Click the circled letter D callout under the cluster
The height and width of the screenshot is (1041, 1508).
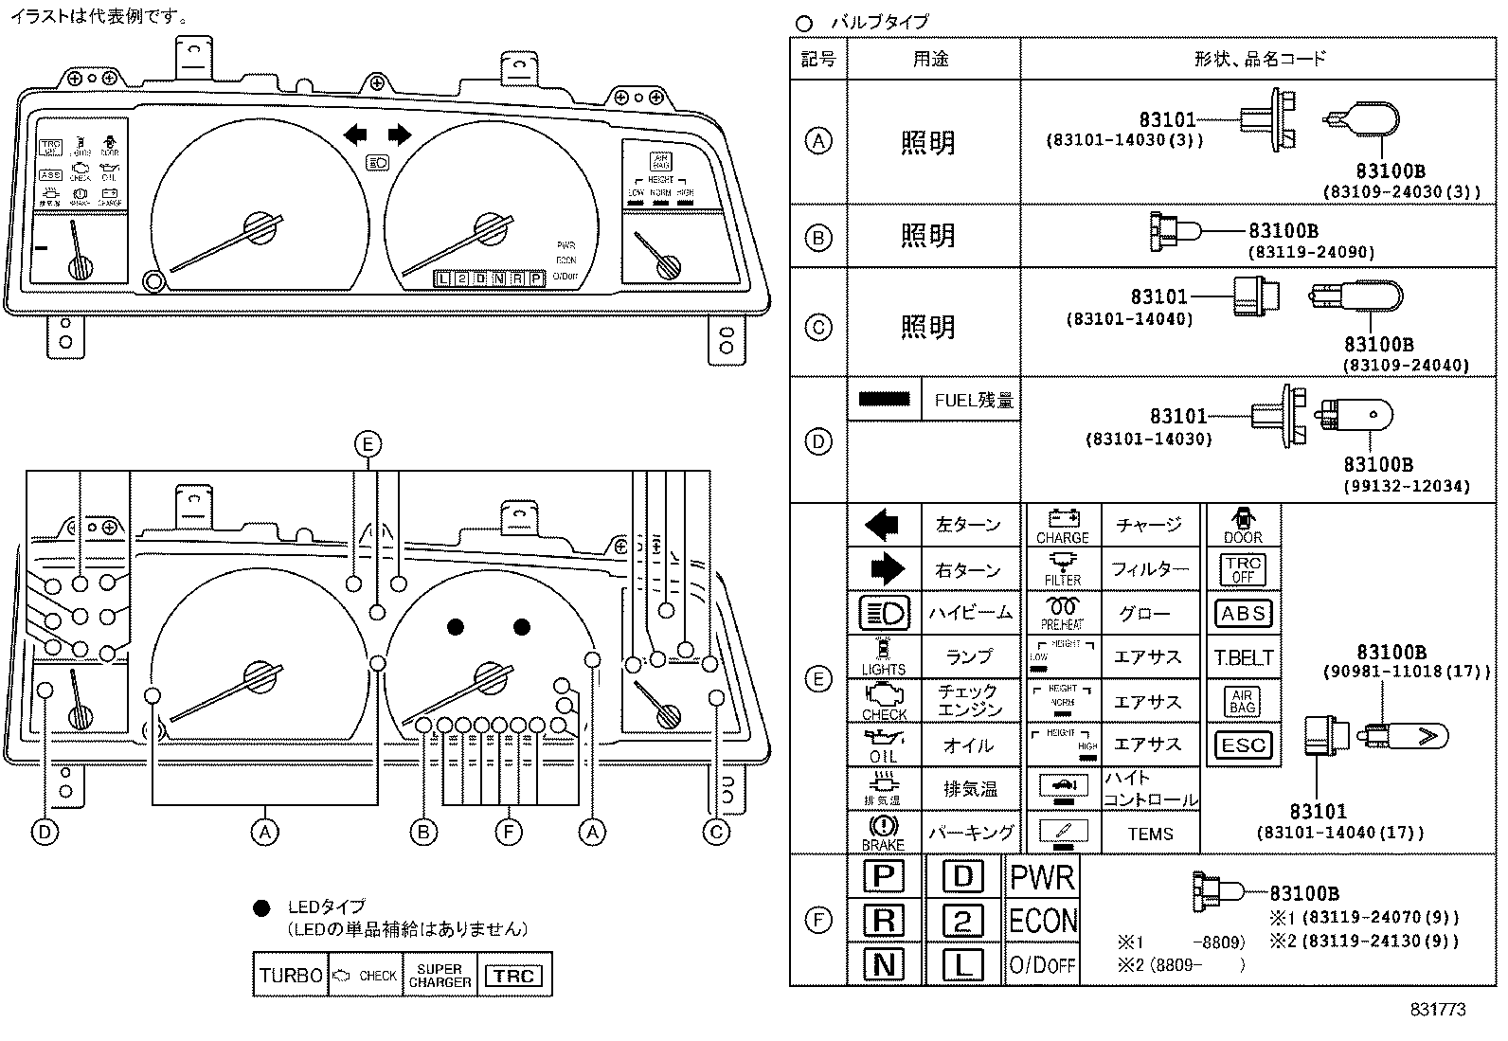45,833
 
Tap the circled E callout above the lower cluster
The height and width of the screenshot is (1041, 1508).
367,443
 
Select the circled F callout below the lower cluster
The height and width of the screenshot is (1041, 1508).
509,833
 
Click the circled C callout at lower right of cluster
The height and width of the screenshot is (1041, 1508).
716,833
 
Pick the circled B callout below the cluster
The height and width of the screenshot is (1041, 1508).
423,833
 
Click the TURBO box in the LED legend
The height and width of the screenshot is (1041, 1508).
291,976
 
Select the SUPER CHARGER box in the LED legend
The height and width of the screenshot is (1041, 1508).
440,976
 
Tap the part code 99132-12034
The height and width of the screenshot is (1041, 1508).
1406,486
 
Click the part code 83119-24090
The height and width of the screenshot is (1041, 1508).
1310,252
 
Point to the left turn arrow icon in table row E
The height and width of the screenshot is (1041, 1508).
882,524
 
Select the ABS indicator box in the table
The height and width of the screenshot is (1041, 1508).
1243,614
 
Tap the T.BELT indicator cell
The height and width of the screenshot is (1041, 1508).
1243,658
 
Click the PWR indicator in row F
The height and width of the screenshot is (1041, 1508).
1042,878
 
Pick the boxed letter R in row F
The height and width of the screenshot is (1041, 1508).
883,920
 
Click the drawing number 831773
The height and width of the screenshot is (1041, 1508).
1437,1010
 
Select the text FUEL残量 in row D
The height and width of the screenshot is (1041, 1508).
974,401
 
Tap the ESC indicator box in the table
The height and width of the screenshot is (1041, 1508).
1243,745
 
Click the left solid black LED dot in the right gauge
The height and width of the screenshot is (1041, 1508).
456,627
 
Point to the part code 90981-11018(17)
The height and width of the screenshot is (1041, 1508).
1406,672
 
